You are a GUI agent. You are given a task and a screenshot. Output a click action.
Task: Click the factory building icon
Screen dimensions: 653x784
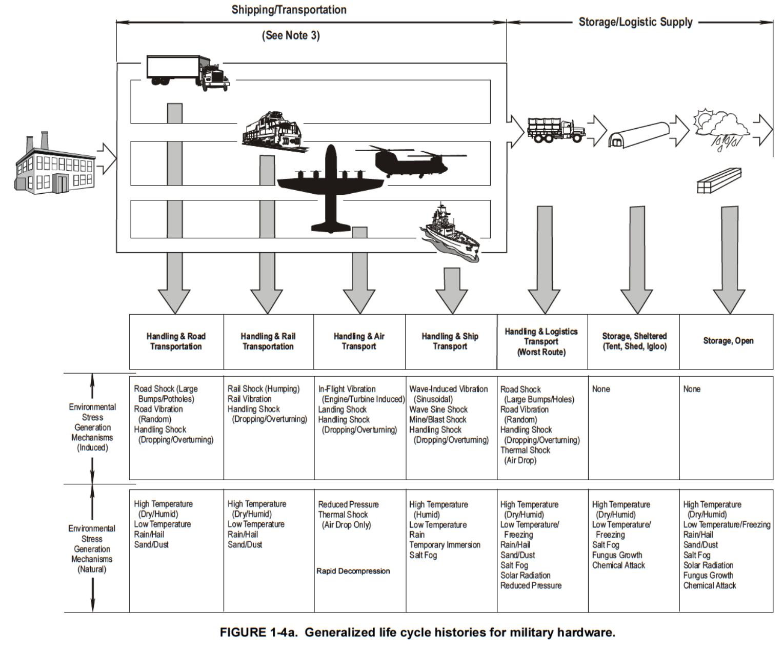click(54, 164)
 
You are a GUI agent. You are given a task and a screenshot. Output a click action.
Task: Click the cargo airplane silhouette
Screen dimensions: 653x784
click(331, 187)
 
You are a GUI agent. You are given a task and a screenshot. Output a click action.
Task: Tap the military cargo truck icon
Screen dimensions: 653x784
click(556, 130)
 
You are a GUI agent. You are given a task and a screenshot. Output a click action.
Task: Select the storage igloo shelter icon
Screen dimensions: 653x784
click(638, 135)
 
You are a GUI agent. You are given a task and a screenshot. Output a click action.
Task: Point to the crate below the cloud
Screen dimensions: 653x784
click(719, 180)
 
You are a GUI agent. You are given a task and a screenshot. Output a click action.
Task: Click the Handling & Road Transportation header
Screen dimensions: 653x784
click(176, 341)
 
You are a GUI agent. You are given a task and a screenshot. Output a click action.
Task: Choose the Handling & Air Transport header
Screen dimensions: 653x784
click(359, 341)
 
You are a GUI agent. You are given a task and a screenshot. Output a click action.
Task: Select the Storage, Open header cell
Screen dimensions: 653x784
click(728, 341)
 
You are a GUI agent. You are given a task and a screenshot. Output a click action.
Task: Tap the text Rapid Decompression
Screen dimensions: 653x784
click(353, 571)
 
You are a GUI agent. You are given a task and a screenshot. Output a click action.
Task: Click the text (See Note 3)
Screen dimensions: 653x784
click(291, 35)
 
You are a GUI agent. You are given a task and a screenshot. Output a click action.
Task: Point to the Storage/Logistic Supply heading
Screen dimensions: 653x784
click(635, 22)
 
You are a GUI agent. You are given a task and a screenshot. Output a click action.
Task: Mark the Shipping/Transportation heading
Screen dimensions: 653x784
click(289, 10)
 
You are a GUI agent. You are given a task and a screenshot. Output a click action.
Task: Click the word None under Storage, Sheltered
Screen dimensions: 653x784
click(601, 389)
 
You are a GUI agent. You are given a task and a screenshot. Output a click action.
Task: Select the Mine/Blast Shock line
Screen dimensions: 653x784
click(437, 419)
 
